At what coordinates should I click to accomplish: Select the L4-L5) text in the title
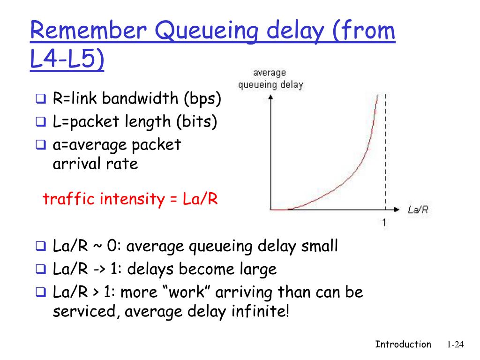[x=67, y=61]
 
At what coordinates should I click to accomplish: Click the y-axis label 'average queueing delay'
[x=270, y=79]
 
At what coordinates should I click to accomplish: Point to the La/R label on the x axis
[x=418, y=210]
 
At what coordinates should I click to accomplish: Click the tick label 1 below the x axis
[x=384, y=223]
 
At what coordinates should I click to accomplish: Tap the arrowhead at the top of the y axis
[x=270, y=98]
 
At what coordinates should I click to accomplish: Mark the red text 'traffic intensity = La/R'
[x=130, y=199]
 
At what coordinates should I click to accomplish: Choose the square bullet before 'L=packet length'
[x=40, y=122]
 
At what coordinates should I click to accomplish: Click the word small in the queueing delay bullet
[x=319, y=246]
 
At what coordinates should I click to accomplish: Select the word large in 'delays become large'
[x=256, y=269]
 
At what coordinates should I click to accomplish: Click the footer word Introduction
[x=403, y=345]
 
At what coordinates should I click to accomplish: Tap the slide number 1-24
[x=455, y=345]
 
